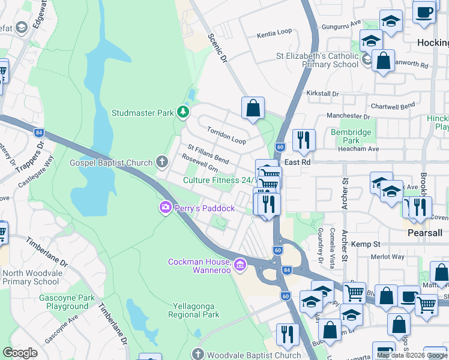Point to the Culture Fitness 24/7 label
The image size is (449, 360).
coord(220,180)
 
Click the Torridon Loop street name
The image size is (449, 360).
coord(226,136)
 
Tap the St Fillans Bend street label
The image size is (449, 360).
coord(208,154)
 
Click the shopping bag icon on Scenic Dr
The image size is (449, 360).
coord(253,108)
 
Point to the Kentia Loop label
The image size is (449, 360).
coord(274,35)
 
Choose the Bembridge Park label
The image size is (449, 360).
coord(351,136)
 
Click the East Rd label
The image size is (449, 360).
coord(297,163)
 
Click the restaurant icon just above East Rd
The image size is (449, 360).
coord(304,140)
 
